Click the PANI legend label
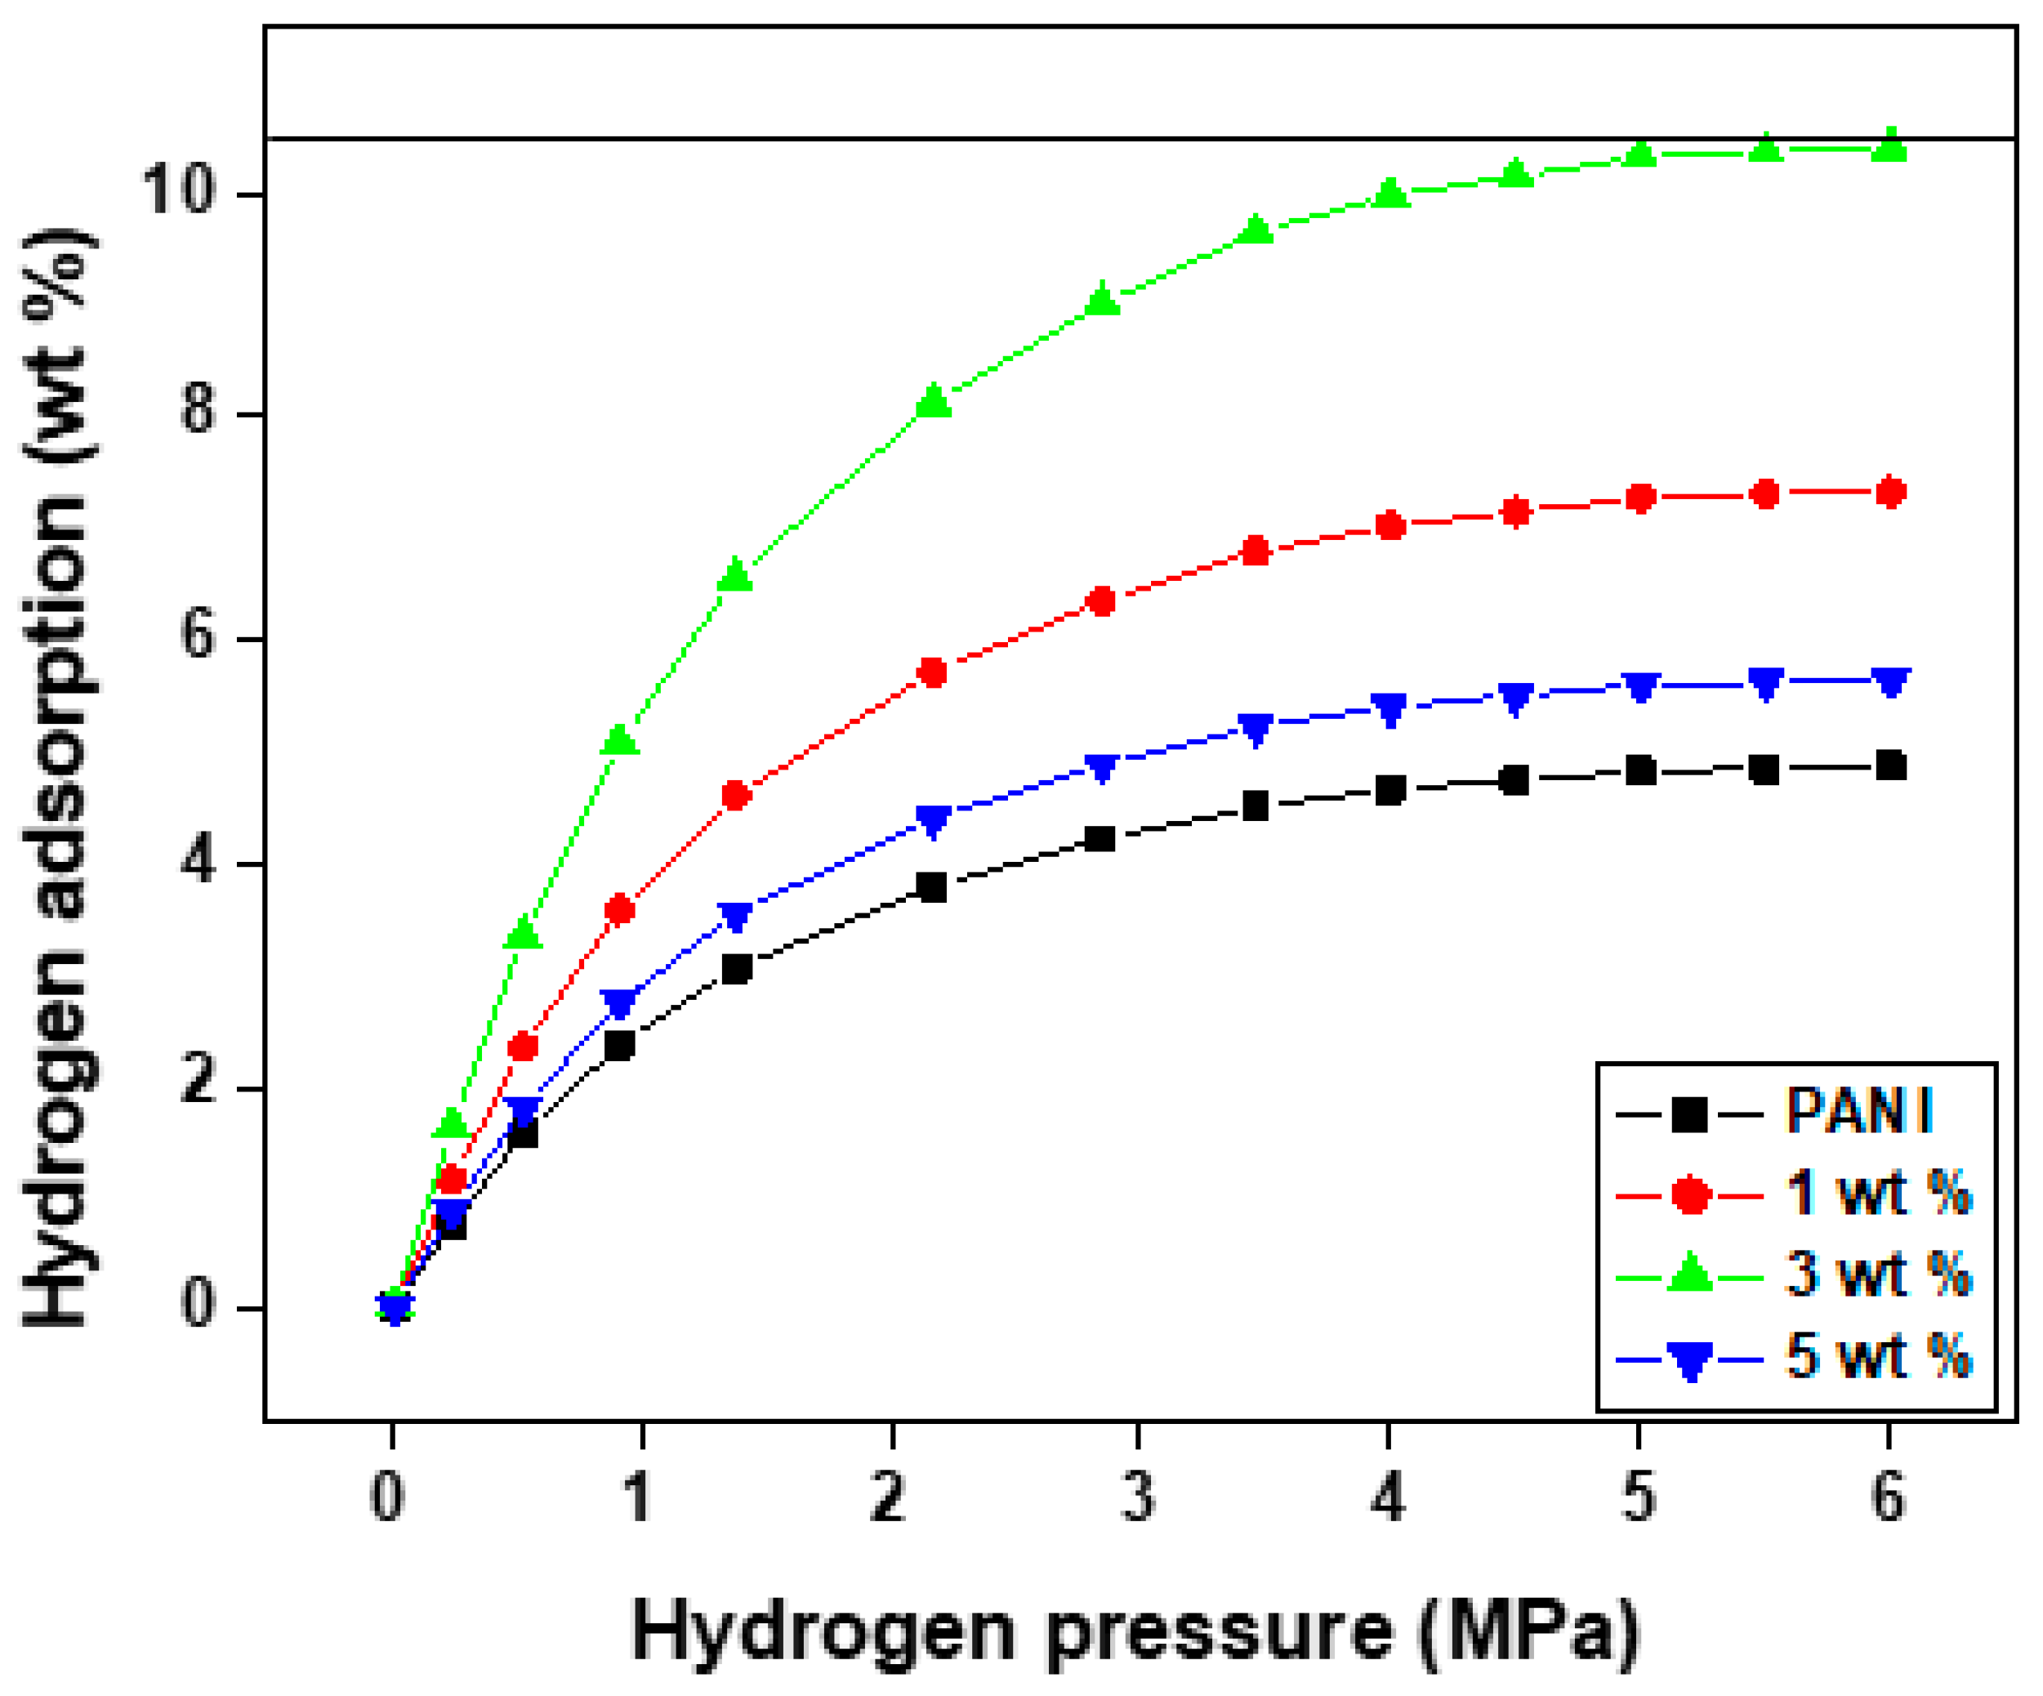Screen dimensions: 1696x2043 (1858, 1110)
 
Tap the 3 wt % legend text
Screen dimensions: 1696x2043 (1878, 1274)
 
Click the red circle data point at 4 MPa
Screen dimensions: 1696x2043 (1390, 526)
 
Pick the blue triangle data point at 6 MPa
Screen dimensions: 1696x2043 (1890, 682)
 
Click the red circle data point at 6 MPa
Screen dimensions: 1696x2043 (1890, 493)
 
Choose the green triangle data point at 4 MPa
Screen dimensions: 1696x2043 (1390, 193)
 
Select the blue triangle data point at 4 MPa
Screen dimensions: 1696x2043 (1390, 709)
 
